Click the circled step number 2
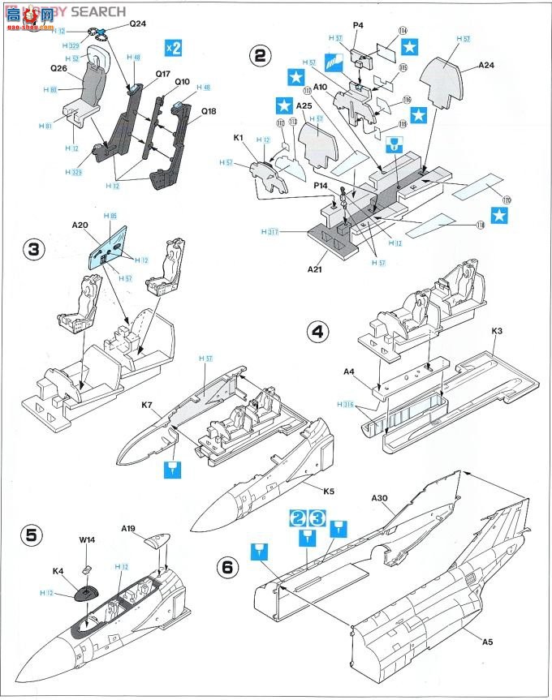[x=260, y=55]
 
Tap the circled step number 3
[x=33, y=249]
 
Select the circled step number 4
[x=317, y=331]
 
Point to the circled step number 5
[x=32, y=535]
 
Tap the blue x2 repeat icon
[x=173, y=47]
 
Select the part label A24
[x=485, y=64]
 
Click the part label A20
[x=80, y=224]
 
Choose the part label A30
[x=379, y=497]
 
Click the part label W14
[x=87, y=539]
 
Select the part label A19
[x=128, y=528]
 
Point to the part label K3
[x=498, y=331]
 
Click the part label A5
[x=487, y=642]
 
